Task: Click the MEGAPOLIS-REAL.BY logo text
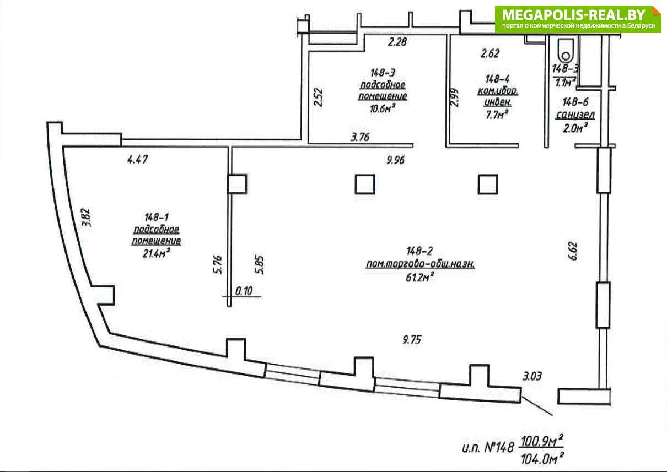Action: tap(573, 14)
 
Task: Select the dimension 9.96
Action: tap(395, 160)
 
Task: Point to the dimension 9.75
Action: tap(412, 339)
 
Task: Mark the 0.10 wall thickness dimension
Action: tap(244, 291)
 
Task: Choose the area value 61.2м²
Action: tap(419, 278)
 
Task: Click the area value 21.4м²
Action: tap(156, 254)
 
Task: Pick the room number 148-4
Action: tap(497, 79)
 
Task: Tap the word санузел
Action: tap(575, 115)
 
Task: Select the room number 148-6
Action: tap(575, 102)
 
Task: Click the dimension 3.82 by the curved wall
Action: tap(86, 218)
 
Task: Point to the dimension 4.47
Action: tap(138, 160)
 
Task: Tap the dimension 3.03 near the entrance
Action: tap(532, 377)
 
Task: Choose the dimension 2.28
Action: tap(397, 42)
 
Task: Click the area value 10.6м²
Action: tap(383, 109)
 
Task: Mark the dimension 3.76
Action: tap(360, 137)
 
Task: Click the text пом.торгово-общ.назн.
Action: tap(420, 264)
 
